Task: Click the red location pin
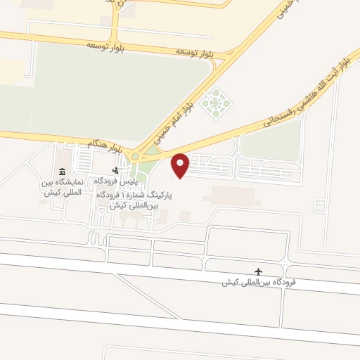181,165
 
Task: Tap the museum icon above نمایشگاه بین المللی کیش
63,172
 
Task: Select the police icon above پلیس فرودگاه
116,170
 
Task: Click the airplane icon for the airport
259,271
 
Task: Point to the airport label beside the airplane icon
258,283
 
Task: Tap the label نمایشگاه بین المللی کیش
61,186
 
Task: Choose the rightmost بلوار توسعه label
195,52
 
